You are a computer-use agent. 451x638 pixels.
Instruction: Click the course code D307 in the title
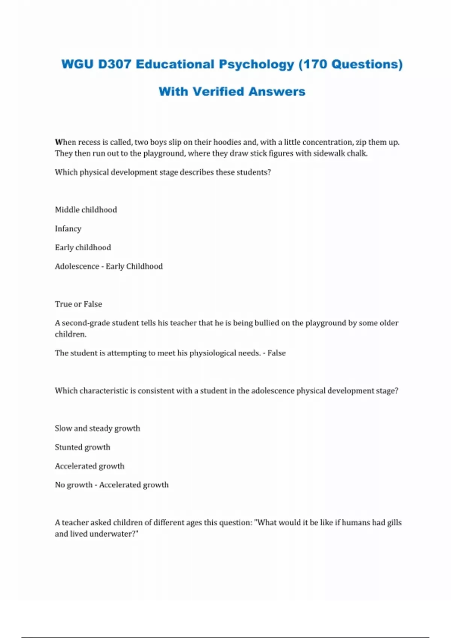click(x=114, y=64)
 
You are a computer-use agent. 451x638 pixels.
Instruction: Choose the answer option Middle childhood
click(x=86, y=210)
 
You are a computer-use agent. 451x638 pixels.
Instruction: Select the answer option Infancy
click(x=68, y=229)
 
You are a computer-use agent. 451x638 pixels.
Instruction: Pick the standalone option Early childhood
click(x=83, y=248)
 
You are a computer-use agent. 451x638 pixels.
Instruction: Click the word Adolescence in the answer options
click(x=77, y=266)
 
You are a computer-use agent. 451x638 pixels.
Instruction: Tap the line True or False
click(x=78, y=304)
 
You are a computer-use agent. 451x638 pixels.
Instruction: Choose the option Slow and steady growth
click(x=97, y=429)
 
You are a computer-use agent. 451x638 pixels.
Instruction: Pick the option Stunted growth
click(x=82, y=447)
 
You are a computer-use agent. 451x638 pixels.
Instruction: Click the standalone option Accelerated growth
click(x=89, y=466)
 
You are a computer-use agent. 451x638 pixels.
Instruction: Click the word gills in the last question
click(x=394, y=523)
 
